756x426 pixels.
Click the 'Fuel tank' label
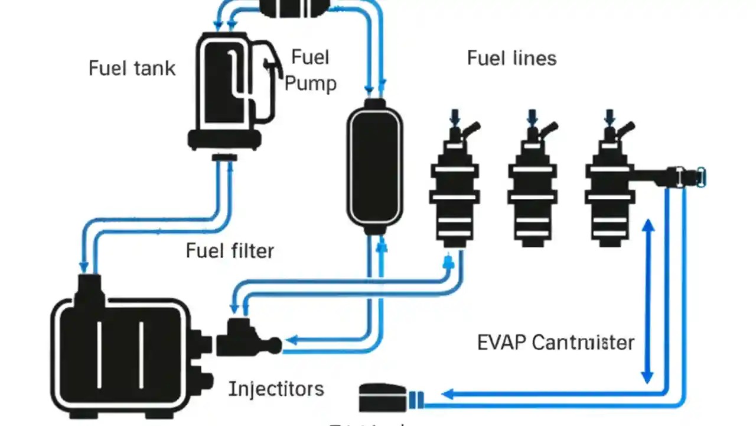[132, 68]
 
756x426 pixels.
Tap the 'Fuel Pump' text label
[311, 70]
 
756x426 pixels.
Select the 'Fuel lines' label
[511, 58]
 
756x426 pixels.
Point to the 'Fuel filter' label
[230, 251]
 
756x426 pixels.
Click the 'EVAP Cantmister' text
[555, 343]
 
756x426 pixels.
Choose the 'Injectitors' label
[276, 389]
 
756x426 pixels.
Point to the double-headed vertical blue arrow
[648, 302]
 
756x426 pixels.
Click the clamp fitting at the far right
[688, 176]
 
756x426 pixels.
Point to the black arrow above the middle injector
[532, 115]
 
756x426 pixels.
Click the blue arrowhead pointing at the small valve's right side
[290, 340]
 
